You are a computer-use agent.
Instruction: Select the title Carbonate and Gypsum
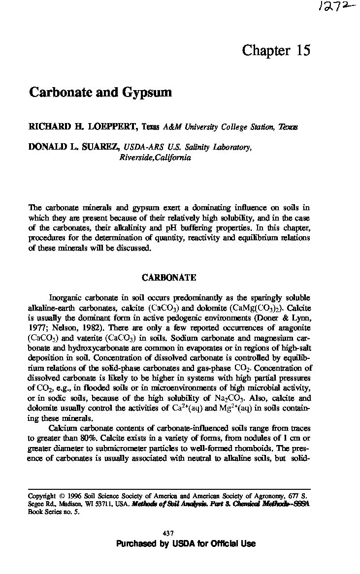coord(100,93)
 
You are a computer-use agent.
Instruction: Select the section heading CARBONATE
coord(169,278)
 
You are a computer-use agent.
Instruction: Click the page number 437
coord(168,533)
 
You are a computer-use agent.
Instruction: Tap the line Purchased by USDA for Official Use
coord(186,543)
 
